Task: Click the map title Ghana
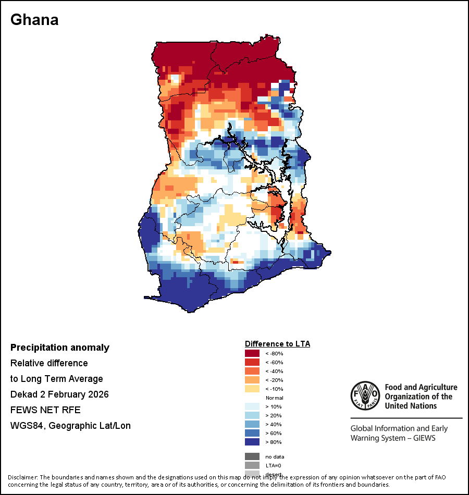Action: (x=34, y=20)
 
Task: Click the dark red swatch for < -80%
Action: (x=252, y=353)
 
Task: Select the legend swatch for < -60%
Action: (x=252, y=362)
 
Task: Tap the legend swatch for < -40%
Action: (x=252, y=371)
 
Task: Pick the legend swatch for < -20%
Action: (x=252, y=380)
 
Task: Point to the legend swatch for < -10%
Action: (x=252, y=389)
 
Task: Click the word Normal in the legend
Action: (x=274, y=398)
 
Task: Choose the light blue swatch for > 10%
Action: (x=252, y=406)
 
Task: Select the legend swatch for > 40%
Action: (x=252, y=424)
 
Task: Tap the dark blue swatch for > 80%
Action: (x=252, y=442)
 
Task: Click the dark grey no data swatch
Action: (x=252, y=456)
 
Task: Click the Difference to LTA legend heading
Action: (x=277, y=344)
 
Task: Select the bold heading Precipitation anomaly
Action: (x=60, y=348)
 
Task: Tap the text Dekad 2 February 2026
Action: (x=59, y=394)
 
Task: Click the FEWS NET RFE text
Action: (x=45, y=410)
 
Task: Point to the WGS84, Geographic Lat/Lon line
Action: (x=70, y=426)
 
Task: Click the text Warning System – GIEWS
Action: (x=393, y=438)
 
